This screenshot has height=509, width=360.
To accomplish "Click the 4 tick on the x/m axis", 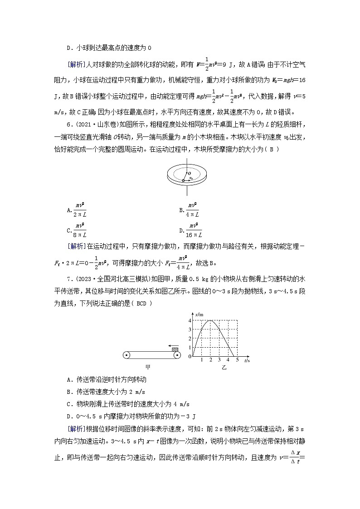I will (190, 321).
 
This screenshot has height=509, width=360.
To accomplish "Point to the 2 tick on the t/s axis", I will (210, 359).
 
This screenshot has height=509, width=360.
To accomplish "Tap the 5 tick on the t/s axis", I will (237, 359).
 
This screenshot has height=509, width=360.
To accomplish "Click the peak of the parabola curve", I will (210, 321).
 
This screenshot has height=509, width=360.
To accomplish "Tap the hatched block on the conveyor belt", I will (175, 348).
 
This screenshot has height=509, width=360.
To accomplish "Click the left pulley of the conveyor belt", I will (127, 355).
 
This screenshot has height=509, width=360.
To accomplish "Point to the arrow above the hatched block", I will (164, 344).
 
